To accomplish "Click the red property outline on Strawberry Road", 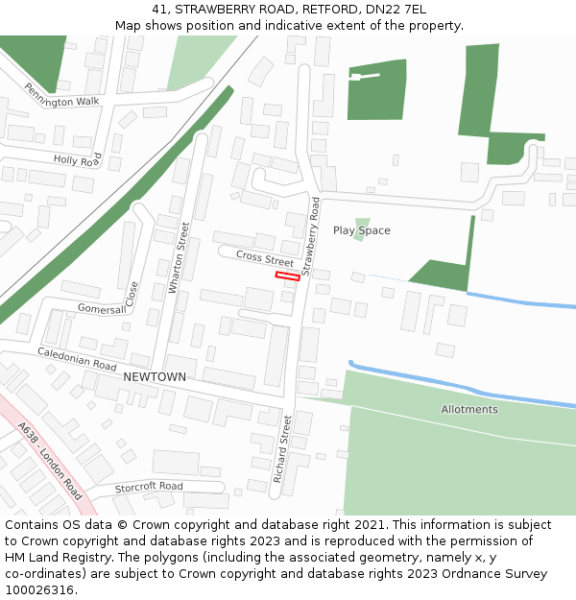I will pyautogui.click(x=287, y=276).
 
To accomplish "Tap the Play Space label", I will pyautogui.click(x=362, y=230).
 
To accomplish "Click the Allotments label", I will pyautogui.click(x=469, y=410).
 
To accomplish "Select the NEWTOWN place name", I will pyautogui.click(x=155, y=377).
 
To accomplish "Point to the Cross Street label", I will pyautogui.click(x=265, y=259).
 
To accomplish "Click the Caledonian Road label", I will pyautogui.click(x=77, y=360).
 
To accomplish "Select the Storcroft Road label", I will pyautogui.click(x=149, y=487).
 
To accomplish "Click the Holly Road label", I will pyautogui.click(x=77, y=160).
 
